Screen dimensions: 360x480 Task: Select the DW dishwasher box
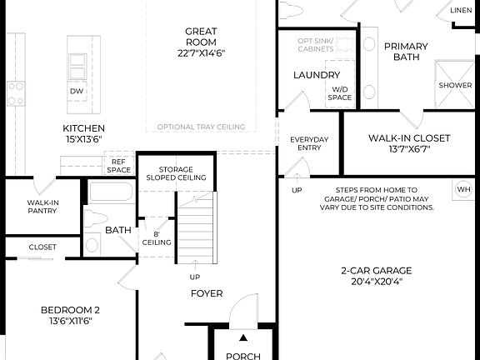tap(77, 91)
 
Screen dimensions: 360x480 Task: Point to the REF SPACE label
tap(119, 166)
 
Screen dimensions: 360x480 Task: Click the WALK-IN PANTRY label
tap(42, 207)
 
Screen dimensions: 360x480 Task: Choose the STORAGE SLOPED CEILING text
tap(176, 172)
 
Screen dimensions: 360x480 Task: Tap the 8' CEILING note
tap(157, 237)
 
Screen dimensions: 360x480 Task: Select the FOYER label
tap(206, 293)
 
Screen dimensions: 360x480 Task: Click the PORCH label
tap(243, 356)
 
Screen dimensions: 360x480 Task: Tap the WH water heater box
tap(464, 189)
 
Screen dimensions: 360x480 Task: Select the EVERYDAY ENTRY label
tap(309, 143)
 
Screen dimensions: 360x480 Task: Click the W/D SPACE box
tap(340, 92)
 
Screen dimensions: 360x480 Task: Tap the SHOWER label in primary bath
tap(455, 85)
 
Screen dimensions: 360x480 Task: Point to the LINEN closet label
tap(461, 11)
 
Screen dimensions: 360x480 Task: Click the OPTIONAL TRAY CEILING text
tap(201, 127)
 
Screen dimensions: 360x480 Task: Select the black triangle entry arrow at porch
tap(243, 338)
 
